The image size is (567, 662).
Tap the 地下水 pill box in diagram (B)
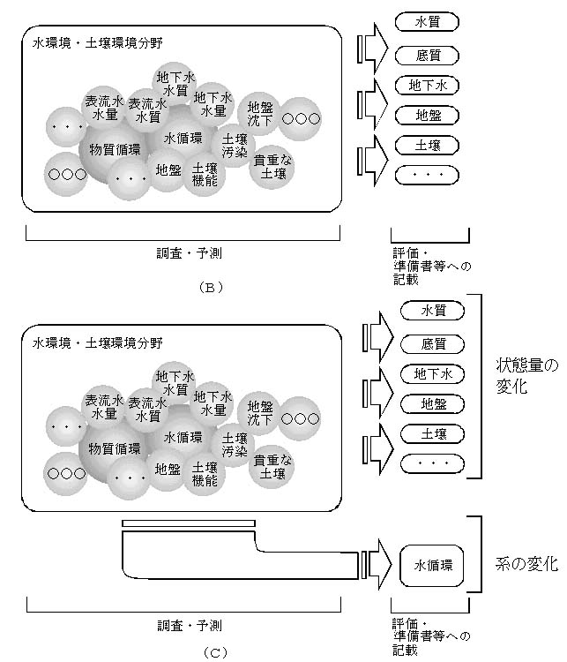tap(429, 86)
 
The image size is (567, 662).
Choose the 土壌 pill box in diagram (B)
tap(429, 145)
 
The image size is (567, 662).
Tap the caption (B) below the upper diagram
tap(213, 286)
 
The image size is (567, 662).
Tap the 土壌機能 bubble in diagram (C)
tap(205, 473)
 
